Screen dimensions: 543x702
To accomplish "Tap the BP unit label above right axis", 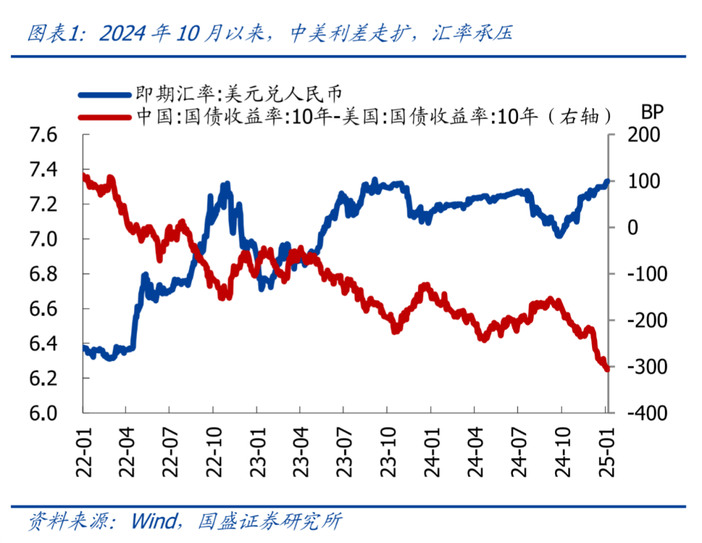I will [x=652, y=112].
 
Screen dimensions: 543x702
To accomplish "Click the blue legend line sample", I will [x=104, y=94].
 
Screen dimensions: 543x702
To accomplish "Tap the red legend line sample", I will [x=104, y=116].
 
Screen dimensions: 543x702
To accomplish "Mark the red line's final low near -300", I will [x=606, y=369].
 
